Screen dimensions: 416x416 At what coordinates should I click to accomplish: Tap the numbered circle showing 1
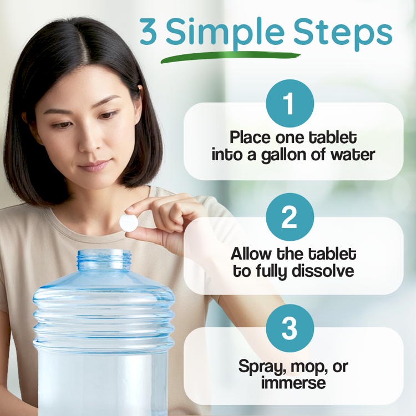point(290,104)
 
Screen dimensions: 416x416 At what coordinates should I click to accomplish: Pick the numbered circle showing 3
point(290,328)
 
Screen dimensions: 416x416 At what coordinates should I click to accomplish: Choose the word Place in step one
point(250,137)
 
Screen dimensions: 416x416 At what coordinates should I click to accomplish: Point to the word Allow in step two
point(252,255)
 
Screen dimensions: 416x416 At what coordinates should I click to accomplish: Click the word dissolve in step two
point(324,272)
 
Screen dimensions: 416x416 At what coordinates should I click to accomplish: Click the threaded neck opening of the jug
point(104,258)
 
